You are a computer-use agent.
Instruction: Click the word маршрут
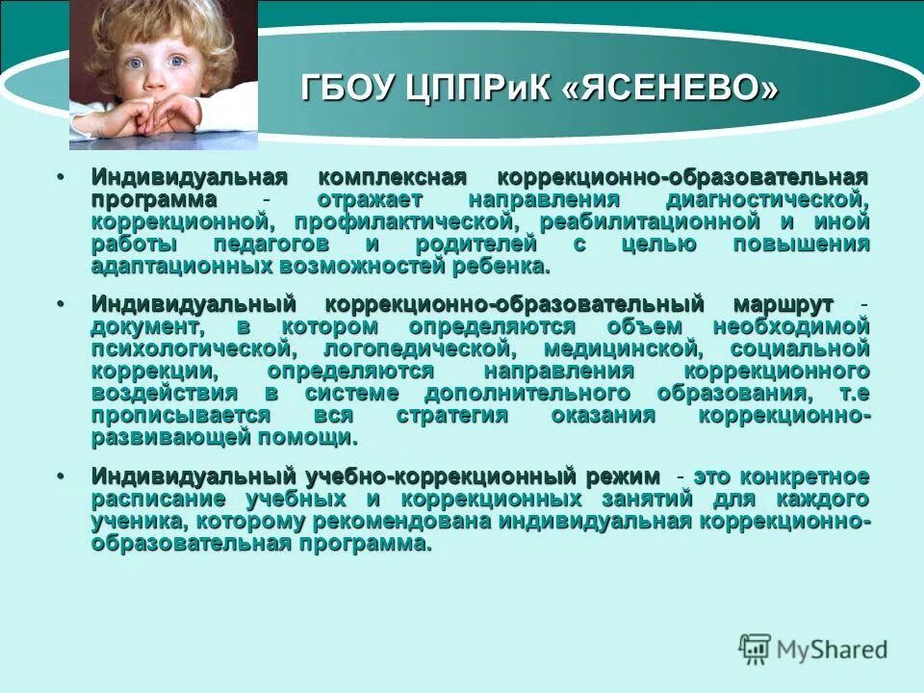click(x=784, y=305)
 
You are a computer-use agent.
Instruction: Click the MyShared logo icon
click(x=756, y=648)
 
